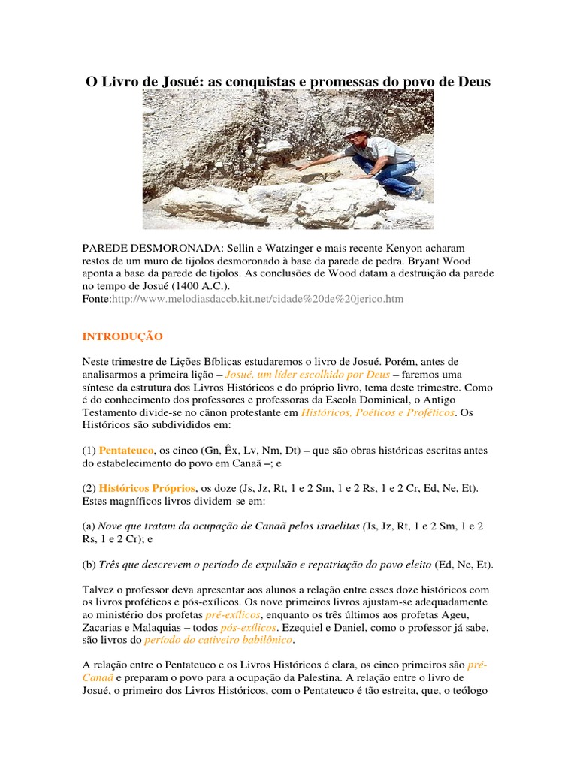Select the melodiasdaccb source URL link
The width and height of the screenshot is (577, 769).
[257, 299]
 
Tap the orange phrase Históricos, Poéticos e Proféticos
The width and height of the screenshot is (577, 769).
[377, 412]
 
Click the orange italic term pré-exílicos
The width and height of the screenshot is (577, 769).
[232, 614]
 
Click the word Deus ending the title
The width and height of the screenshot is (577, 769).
[472, 81]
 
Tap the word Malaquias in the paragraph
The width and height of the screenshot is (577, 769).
[160, 626]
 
